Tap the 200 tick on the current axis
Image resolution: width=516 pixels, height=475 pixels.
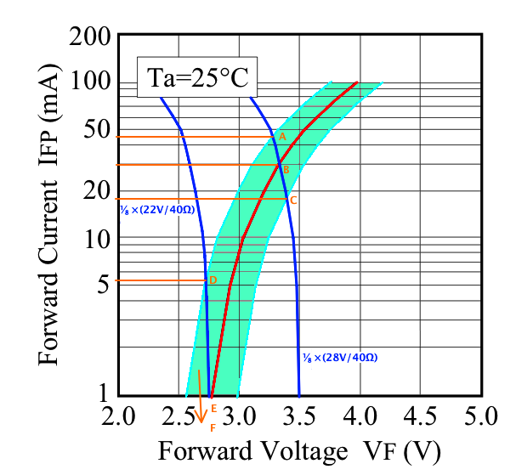pos(88,37)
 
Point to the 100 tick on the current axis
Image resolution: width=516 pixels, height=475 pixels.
pos(88,83)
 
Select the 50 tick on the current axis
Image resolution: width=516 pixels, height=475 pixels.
pos(95,131)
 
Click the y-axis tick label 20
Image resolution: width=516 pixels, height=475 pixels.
pos(95,192)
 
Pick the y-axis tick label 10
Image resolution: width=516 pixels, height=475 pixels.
pos(95,240)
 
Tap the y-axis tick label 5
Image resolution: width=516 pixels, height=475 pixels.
pos(103,285)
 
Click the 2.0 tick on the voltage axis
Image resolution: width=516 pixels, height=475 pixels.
pos(118,417)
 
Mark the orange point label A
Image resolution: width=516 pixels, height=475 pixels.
pos(282,137)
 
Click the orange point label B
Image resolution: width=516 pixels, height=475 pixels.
pos(286,170)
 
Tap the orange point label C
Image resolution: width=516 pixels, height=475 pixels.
pos(292,201)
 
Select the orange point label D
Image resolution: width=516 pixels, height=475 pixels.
pos(213,280)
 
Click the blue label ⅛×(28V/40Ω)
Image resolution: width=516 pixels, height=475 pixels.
pos(339,358)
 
